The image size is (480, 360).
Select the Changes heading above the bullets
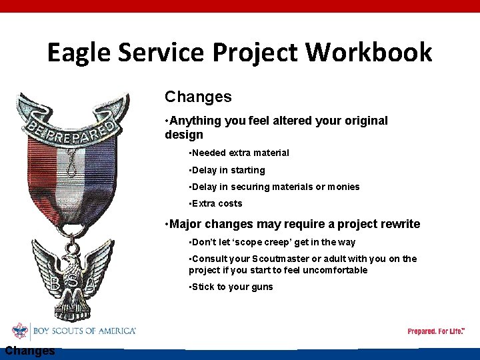(x=198, y=97)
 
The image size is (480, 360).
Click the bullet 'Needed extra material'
(x=240, y=153)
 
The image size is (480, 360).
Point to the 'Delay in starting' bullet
(x=228, y=170)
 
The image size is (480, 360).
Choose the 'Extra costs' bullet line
(x=217, y=203)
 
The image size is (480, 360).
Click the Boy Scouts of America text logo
(x=85, y=331)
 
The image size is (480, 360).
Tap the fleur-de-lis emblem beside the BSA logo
(x=21, y=331)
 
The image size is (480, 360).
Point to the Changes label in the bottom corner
(x=29, y=351)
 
